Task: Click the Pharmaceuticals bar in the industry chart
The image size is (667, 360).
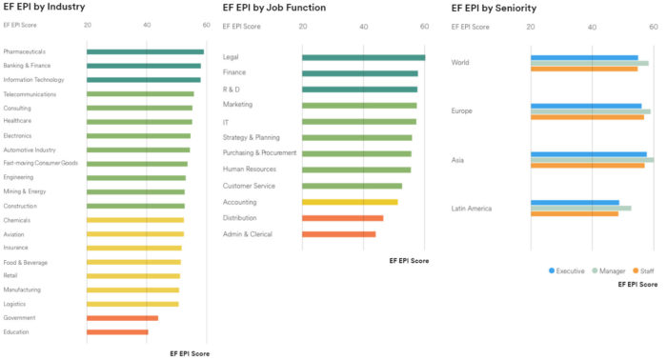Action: point(145,51)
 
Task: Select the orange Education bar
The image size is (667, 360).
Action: point(117,332)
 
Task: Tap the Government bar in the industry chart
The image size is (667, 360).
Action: point(122,318)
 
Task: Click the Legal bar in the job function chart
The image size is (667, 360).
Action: point(363,57)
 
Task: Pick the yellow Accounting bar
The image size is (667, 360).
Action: point(350,202)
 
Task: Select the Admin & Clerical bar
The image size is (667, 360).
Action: point(338,234)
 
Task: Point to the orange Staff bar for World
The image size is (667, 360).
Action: point(584,69)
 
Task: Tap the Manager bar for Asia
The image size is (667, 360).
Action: point(592,159)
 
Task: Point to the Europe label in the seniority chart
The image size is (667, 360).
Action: point(463,111)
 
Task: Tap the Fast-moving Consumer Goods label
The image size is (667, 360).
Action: point(40,163)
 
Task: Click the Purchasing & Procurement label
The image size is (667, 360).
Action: point(259,152)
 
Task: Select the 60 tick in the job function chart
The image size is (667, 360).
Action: point(424,27)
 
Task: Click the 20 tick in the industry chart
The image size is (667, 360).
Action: point(88,25)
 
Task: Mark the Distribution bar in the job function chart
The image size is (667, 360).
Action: point(342,218)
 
